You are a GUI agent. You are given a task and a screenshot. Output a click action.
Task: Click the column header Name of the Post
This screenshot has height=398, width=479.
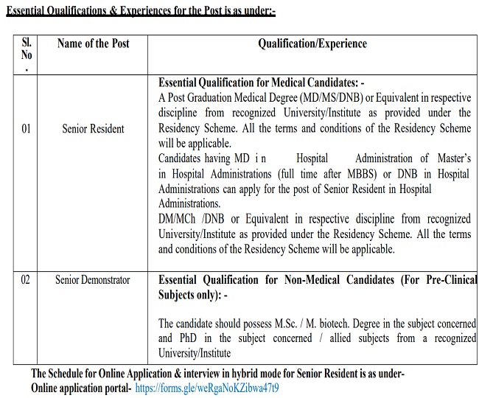point(94,44)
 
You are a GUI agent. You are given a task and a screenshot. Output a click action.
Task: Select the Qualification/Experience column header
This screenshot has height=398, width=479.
point(312,44)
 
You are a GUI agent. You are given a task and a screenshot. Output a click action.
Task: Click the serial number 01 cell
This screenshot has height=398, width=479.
point(27,129)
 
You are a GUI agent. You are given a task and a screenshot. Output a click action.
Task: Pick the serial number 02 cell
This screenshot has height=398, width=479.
point(27,280)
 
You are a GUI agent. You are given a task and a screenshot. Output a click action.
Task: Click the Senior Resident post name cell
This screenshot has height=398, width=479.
point(94,129)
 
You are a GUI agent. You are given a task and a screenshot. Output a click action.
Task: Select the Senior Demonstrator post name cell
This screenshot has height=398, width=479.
point(93,280)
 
